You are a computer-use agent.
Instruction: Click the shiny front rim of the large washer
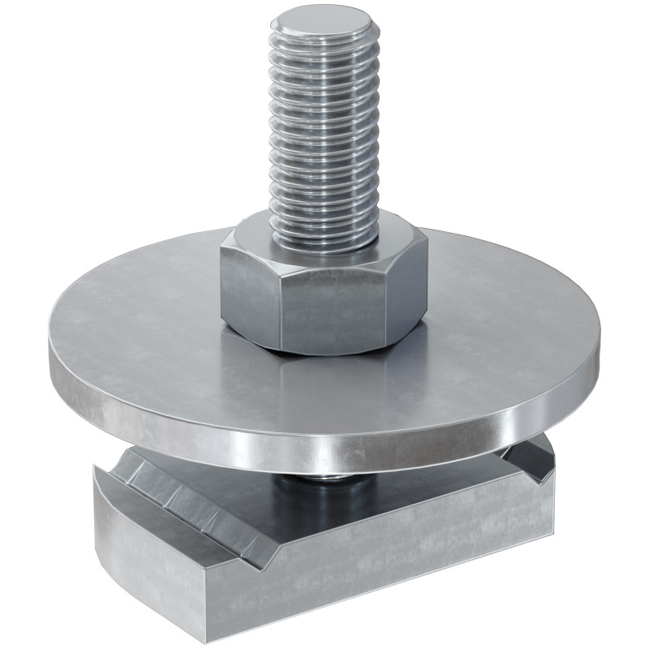(x=324, y=450)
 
